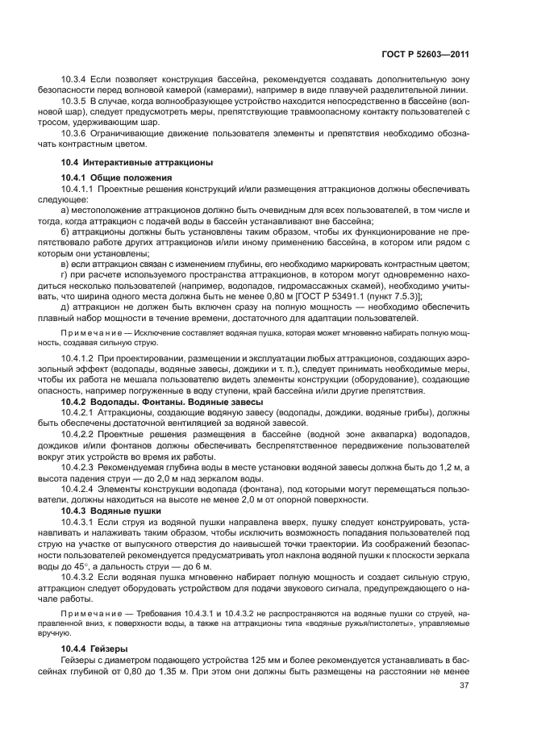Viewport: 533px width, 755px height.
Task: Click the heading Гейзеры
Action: coord(113,649)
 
